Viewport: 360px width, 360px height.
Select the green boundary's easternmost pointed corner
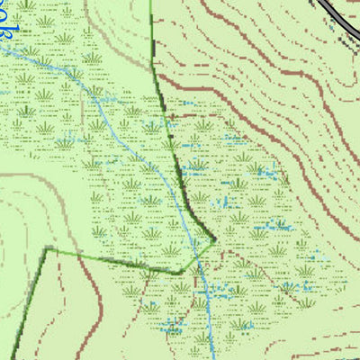pyautogui.click(x=215, y=240)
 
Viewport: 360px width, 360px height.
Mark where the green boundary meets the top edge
pyautogui.click(x=151, y=2)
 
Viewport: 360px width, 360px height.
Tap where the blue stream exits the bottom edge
pyautogui.click(x=211, y=357)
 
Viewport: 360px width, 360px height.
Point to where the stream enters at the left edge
pyautogui.click(x=3, y=49)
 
